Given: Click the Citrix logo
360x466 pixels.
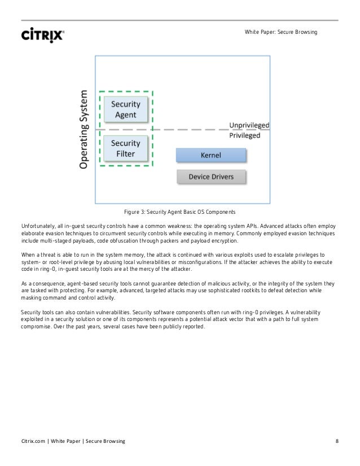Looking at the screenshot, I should click(x=43, y=34).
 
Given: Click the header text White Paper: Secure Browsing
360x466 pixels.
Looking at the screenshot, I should click(x=281, y=32).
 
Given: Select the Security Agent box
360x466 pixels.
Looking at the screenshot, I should click(x=125, y=109).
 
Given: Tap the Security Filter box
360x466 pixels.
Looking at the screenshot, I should click(x=125, y=148).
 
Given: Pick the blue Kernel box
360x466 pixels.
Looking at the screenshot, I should click(x=211, y=155).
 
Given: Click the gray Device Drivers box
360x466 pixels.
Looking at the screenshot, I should click(x=211, y=177).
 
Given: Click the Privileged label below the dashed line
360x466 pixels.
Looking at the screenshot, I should click(x=244, y=135).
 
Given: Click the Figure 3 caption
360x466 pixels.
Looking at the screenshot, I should click(x=180, y=212).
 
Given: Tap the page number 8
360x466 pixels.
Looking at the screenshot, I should click(x=336, y=441).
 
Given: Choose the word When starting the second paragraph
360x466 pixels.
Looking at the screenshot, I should click(x=27, y=255).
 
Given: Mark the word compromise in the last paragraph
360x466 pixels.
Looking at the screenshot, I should click(x=37, y=327).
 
